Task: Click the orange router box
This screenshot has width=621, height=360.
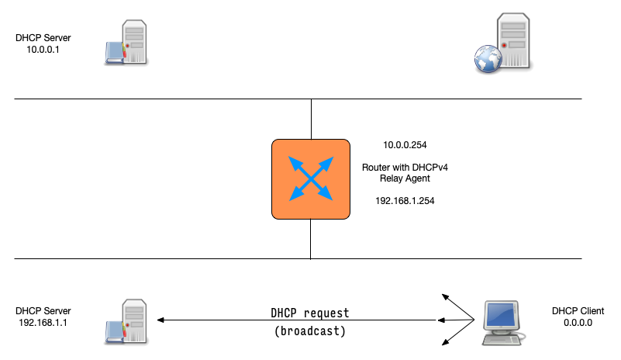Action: [x=310, y=178]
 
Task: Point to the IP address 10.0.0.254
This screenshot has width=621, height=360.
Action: [x=405, y=145]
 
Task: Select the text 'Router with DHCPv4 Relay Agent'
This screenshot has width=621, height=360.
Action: [x=405, y=173]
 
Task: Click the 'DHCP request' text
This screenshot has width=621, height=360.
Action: [x=310, y=313]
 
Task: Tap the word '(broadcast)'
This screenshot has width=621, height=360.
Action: [x=310, y=331]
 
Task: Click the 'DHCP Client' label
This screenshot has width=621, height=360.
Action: [x=574, y=311]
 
